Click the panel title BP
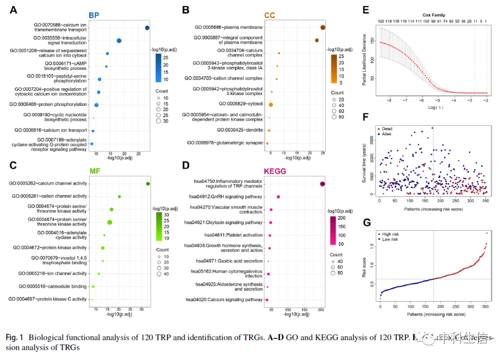(94, 15)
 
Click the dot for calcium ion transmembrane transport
(147, 28)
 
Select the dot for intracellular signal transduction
(119, 41)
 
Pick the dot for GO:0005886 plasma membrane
(323, 28)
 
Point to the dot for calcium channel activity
(148, 184)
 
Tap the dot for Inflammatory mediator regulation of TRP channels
(322, 184)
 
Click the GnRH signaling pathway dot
(279, 197)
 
